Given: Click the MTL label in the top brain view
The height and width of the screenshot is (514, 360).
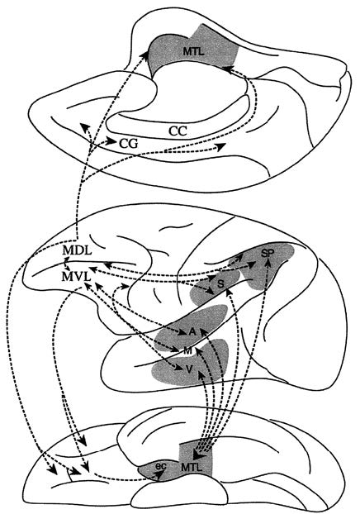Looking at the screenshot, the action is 193,51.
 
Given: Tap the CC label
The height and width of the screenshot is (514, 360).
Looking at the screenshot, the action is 178,131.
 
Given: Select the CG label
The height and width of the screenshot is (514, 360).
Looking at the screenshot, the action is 128,143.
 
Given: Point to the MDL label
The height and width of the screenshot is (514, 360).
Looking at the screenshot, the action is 77,250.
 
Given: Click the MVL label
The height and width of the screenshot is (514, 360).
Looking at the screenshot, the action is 76,276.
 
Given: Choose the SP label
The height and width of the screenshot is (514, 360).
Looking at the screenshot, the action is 268,253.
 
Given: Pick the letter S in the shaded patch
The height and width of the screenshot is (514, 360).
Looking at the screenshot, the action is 220,284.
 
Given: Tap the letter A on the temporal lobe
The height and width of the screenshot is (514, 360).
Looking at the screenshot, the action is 192,331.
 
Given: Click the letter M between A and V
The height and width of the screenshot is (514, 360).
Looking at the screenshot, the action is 187,350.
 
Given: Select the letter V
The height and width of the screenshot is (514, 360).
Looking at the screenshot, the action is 188,369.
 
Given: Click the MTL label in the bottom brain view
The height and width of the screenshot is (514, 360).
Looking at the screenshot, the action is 192,468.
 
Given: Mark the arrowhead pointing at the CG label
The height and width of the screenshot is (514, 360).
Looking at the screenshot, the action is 112,142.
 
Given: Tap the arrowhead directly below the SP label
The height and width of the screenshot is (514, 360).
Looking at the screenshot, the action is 268,261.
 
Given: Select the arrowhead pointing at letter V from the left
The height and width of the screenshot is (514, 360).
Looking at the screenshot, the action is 178,368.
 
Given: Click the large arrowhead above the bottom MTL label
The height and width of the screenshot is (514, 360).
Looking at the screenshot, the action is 199,455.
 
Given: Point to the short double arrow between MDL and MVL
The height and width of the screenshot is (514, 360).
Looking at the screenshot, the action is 67,264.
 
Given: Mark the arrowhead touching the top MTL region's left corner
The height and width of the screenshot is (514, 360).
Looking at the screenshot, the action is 144,55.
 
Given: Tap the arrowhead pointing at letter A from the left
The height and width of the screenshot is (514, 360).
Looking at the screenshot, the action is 183,333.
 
